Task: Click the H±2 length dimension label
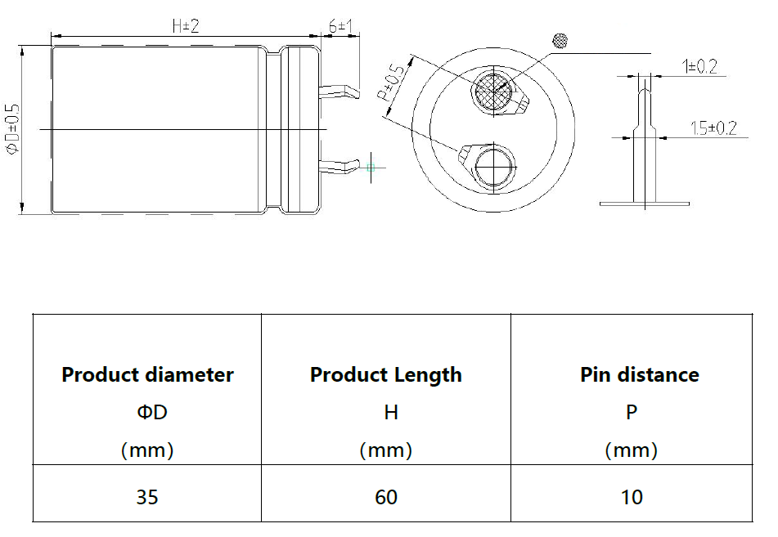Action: point(186,26)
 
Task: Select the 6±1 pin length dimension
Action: point(340,26)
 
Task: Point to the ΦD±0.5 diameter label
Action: point(12,129)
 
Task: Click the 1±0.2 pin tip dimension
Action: point(699,66)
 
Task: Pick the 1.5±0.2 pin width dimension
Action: point(713,128)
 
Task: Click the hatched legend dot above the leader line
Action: point(560,41)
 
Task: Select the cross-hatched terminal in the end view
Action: point(493,92)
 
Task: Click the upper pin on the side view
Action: point(340,92)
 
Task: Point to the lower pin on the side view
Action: point(340,166)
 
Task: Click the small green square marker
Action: point(371,168)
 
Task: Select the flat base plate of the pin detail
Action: point(645,204)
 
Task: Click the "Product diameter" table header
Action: point(147,375)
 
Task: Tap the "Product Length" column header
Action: point(386,375)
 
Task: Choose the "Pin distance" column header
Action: point(640,375)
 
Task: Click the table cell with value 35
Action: point(147,497)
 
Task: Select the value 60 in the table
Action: point(386,497)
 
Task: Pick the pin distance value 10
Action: point(632,497)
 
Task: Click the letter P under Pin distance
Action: point(632,412)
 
